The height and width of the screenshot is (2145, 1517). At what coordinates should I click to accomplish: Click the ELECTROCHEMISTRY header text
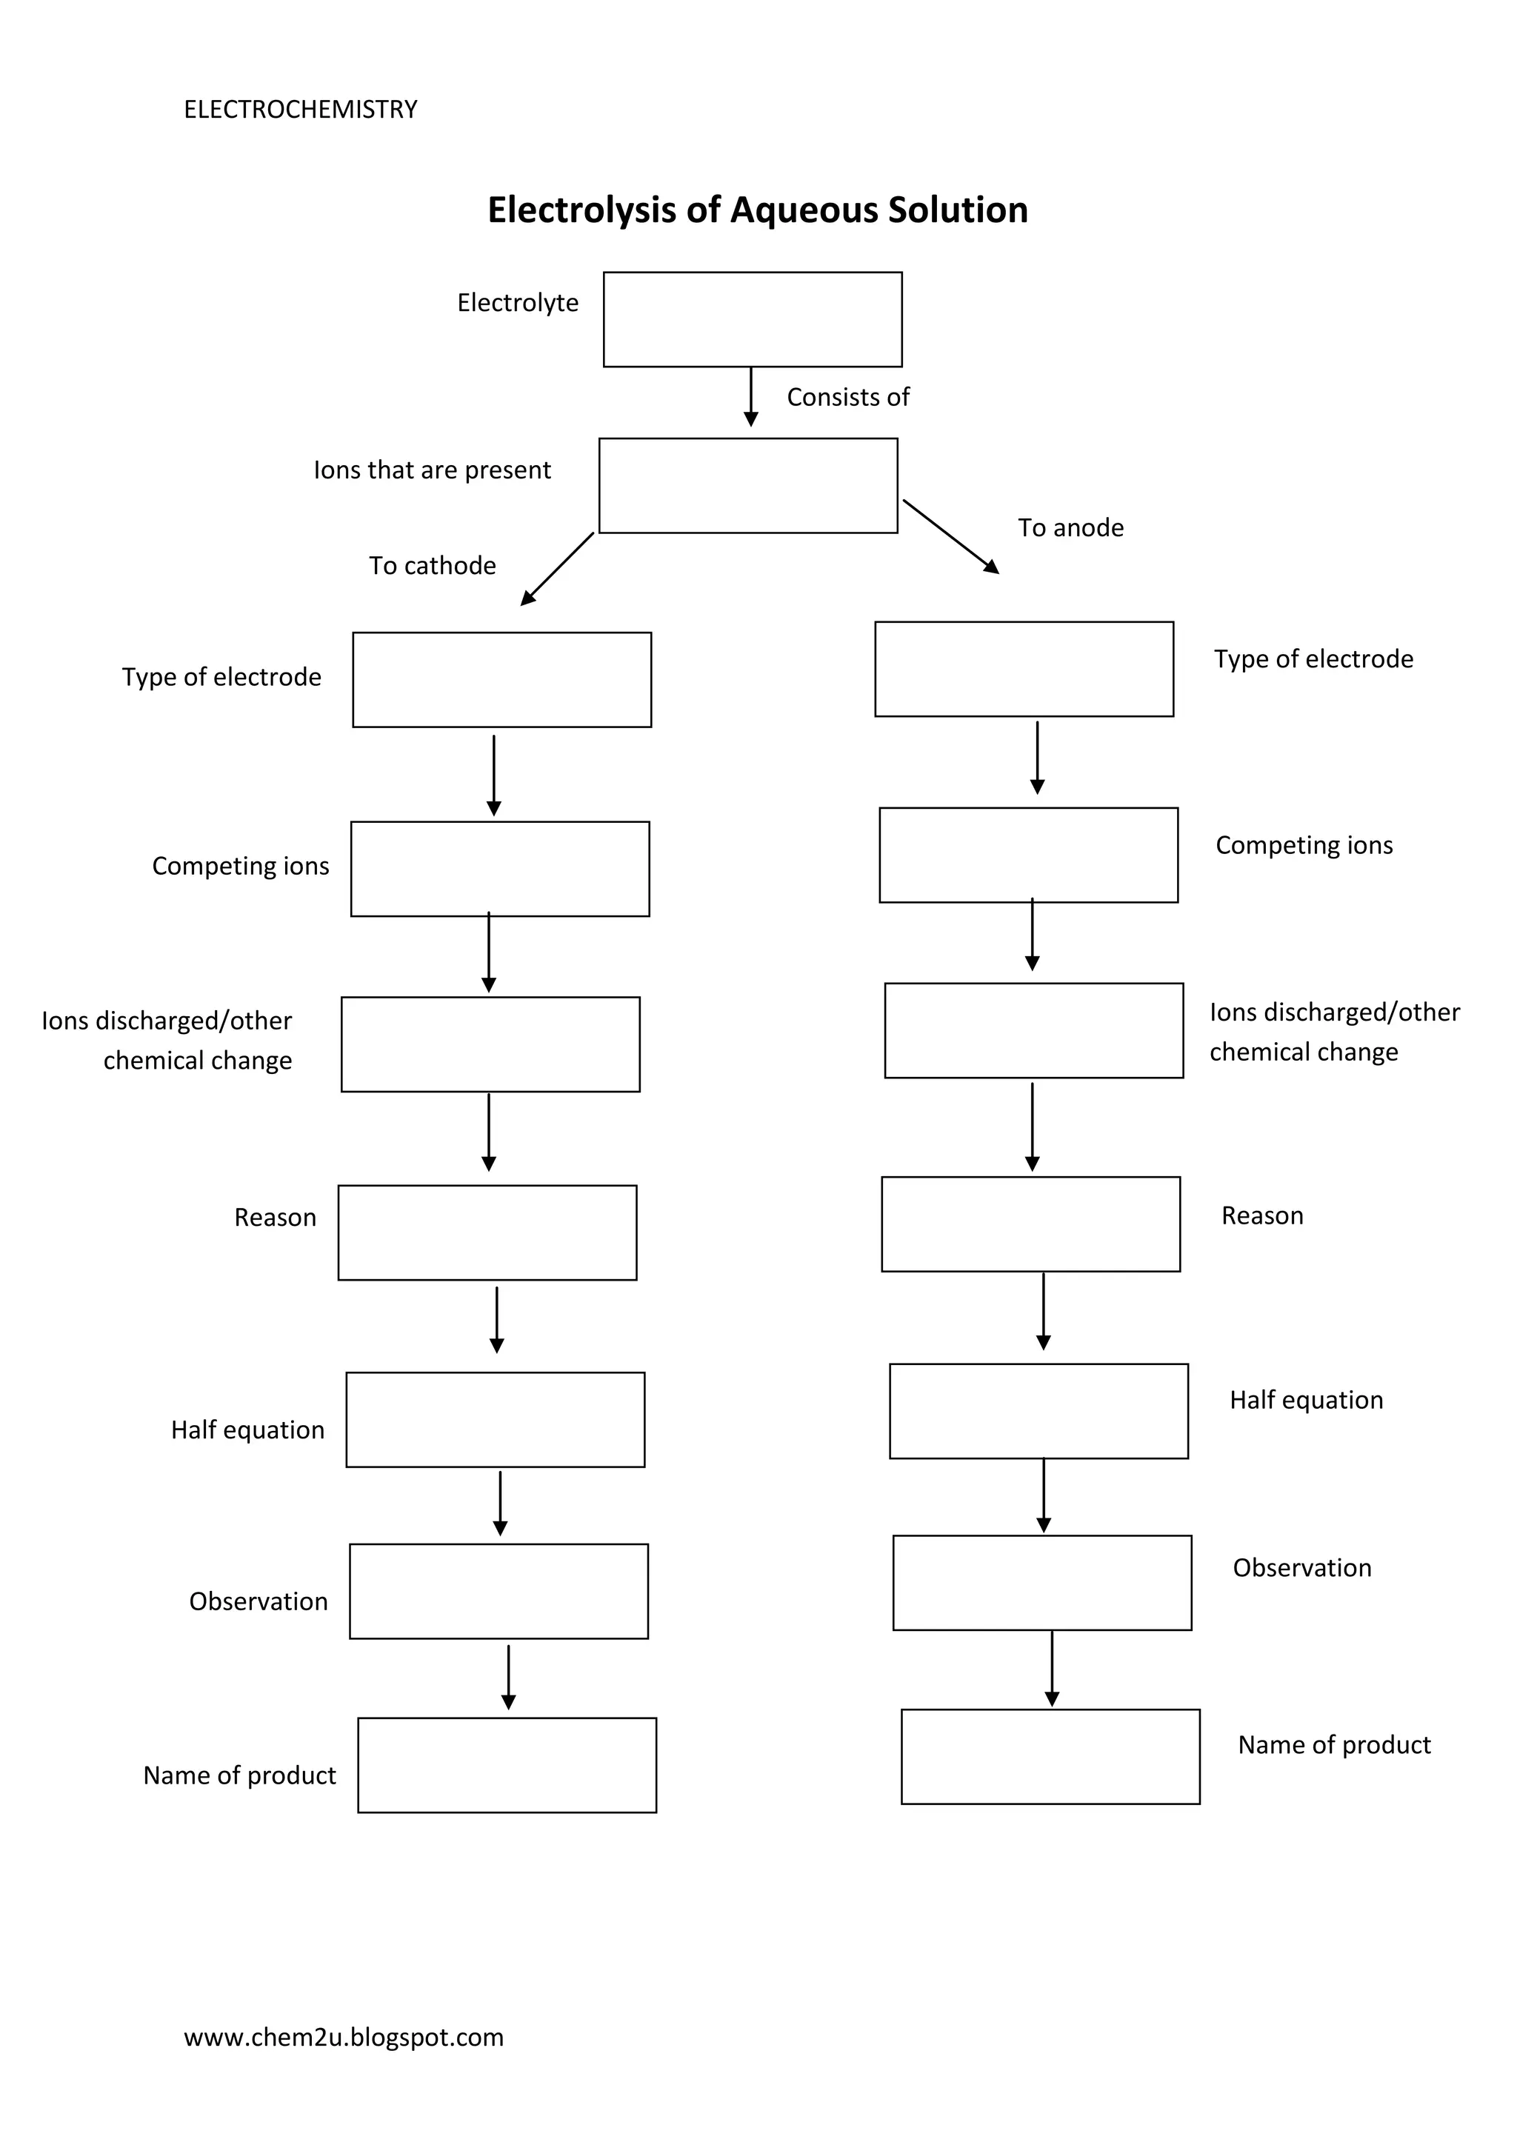coord(300,110)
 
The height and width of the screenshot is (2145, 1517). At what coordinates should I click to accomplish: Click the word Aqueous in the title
coord(804,210)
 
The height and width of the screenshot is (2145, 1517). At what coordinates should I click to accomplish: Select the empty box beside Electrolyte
coord(752,319)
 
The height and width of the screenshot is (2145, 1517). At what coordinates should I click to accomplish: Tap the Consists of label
coord(847,397)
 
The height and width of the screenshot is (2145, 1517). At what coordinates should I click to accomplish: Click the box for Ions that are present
coord(747,486)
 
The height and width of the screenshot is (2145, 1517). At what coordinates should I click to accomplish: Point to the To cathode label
coord(432,565)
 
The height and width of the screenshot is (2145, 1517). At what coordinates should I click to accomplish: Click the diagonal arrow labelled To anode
coord(950,536)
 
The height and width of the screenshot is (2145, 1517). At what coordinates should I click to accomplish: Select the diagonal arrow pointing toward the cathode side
coord(558,568)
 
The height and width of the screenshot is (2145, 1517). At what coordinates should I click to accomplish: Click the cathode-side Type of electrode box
coord(501,680)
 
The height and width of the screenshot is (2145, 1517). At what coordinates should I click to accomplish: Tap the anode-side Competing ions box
coord(1027,855)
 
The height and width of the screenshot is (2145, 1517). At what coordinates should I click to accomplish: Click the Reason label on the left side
coord(275,1218)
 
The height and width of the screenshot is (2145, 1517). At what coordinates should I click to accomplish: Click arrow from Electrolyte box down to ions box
coord(751,397)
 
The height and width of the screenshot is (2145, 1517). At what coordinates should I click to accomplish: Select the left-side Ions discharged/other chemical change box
coord(490,1044)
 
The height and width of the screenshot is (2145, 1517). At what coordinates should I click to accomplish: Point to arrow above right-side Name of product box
coord(1052,1669)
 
